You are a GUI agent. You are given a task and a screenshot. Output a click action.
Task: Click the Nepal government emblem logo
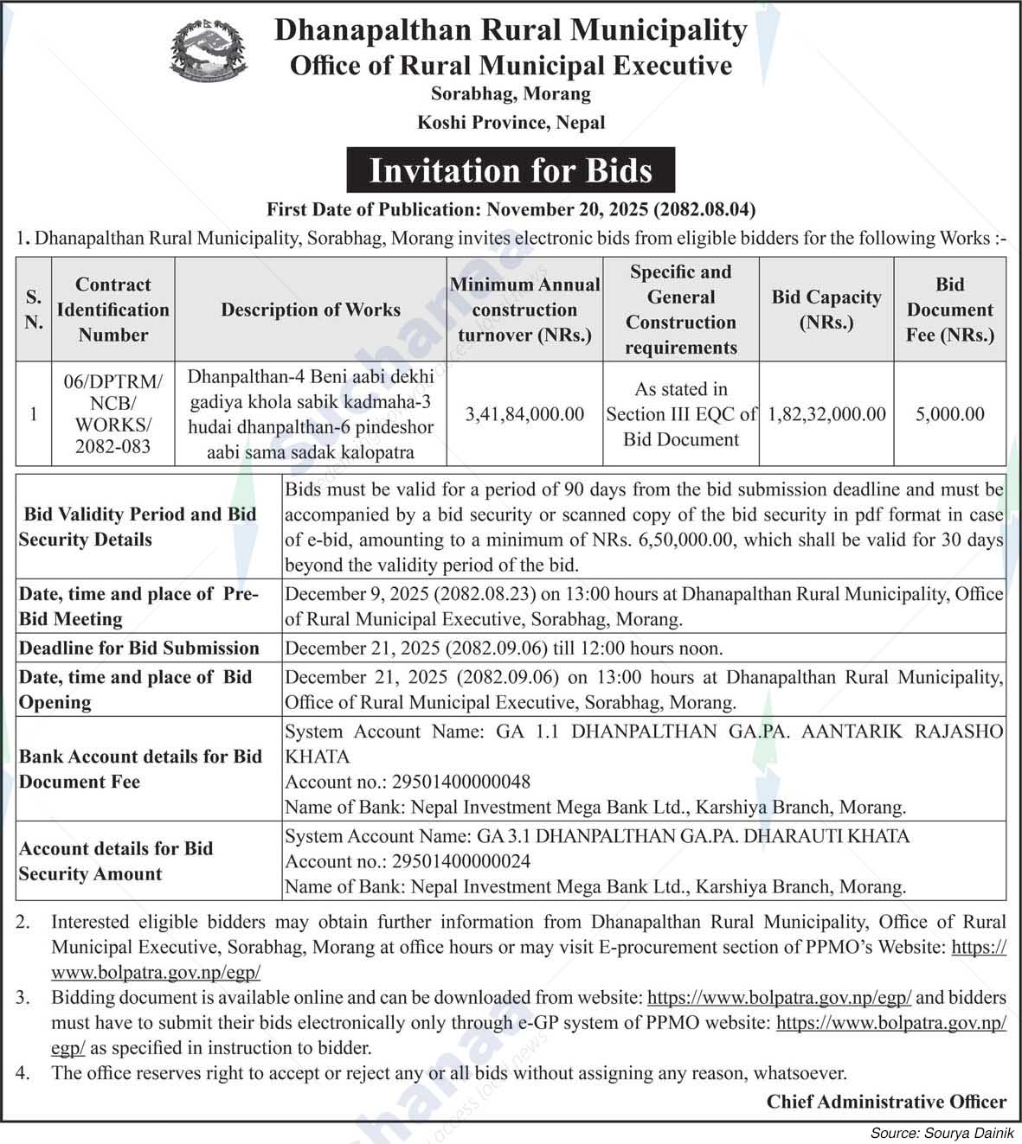click(x=208, y=51)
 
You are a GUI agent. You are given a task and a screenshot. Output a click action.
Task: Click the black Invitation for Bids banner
click(x=511, y=170)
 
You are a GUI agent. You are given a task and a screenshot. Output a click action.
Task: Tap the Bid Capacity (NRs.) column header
click(x=826, y=310)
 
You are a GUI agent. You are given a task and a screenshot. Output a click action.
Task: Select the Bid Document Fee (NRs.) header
click(x=949, y=310)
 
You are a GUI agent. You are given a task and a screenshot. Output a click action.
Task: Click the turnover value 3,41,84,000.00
click(x=524, y=414)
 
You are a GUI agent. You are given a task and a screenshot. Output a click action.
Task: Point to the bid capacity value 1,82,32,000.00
click(x=826, y=414)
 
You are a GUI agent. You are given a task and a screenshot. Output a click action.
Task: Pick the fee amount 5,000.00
click(x=949, y=414)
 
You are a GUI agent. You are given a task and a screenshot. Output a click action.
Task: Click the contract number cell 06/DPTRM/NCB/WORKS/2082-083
click(x=112, y=413)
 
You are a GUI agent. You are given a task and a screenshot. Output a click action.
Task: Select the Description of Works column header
click(x=311, y=310)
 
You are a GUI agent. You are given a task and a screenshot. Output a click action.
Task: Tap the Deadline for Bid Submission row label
click(x=139, y=648)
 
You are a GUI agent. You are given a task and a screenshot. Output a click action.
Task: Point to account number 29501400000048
click(x=461, y=782)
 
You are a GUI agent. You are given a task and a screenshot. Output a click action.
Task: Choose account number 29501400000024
click(x=461, y=861)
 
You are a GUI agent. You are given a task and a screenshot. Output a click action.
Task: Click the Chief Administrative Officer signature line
click(x=886, y=1102)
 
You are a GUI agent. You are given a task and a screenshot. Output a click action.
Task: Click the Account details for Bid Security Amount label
click(x=116, y=861)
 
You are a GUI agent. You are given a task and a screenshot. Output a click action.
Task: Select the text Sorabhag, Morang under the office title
click(x=511, y=93)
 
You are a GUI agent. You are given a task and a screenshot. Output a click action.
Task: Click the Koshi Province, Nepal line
click(x=511, y=122)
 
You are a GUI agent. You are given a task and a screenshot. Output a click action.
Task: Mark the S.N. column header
click(x=34, y=310)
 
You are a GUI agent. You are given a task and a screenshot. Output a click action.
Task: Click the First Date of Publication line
click(x=511, y=209)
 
